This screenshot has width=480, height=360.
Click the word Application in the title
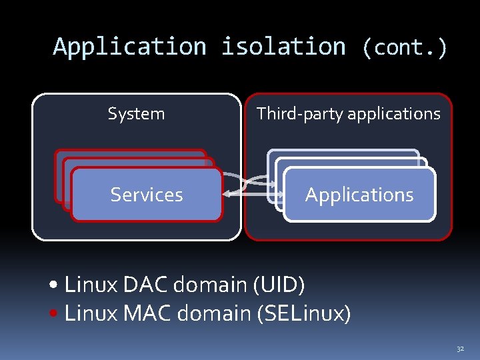[129, 47]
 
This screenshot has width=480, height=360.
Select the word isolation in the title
[283, 47]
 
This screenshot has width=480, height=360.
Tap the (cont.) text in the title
[404, 47]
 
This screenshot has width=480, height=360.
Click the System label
[136, 114]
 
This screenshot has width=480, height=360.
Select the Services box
[147, 195]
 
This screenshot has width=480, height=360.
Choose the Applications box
[359, 195]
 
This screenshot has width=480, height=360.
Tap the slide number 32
[459, 349]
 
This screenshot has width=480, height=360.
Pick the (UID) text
[279, 285]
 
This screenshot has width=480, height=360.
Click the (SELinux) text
[303, 313]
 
